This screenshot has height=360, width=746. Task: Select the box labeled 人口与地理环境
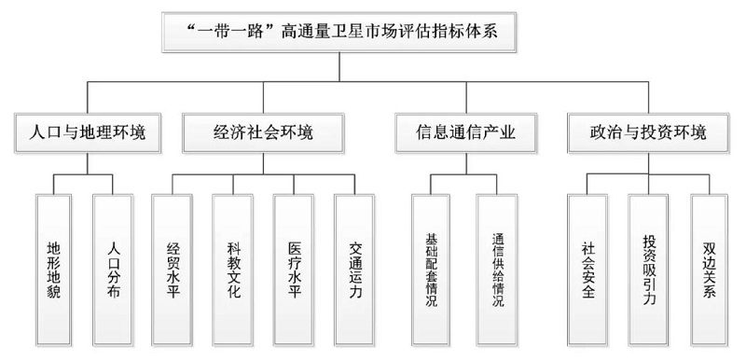(x=88, y=132)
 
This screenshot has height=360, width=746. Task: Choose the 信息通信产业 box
(x=465, y=132)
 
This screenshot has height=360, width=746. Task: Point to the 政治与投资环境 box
(x=648, y=132)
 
